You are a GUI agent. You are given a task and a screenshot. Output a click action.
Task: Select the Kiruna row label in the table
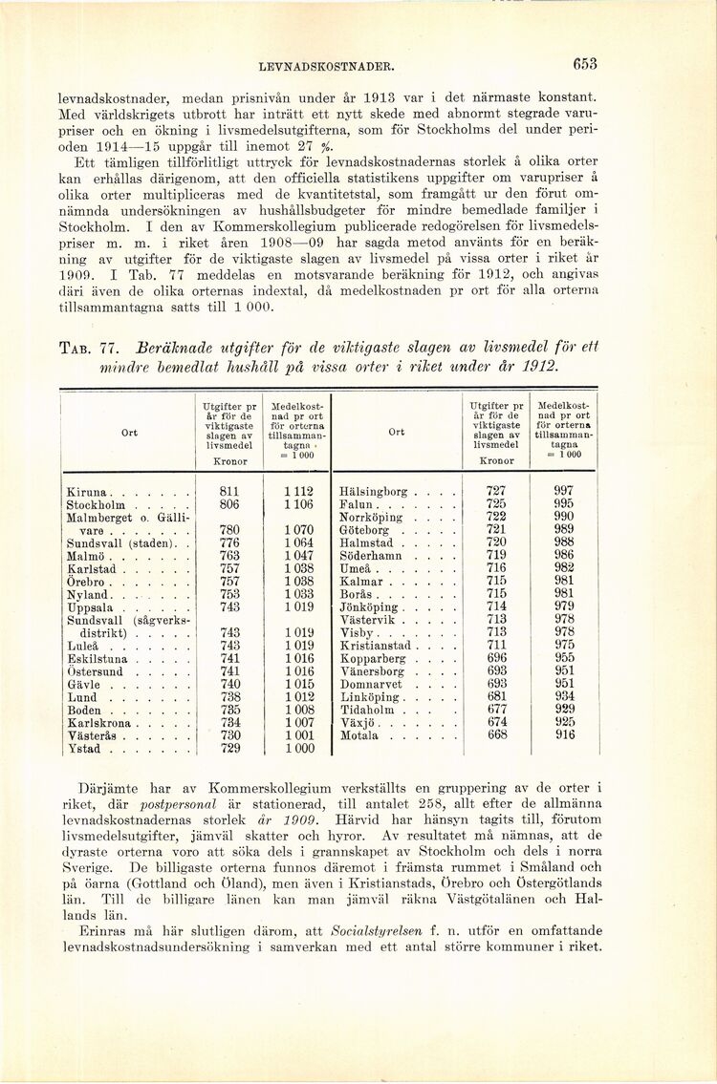(x=87, y=492)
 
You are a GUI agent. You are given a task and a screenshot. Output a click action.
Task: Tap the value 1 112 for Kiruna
(x=298, y=492)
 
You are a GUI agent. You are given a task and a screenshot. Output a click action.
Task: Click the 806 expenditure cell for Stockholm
(x=229, y=504)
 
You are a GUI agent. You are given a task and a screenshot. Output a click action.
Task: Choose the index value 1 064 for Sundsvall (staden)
(x=298, y=542)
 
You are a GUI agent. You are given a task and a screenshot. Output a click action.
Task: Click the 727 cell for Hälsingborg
(x=496, y=492)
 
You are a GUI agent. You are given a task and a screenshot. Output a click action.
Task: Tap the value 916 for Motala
(x=564, y=735)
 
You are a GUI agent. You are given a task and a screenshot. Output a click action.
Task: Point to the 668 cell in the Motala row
(x=496, y=735)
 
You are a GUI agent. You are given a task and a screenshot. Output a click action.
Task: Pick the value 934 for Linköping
(x=564, y=696)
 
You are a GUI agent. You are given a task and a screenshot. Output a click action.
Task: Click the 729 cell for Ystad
(x=229, y=749)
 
